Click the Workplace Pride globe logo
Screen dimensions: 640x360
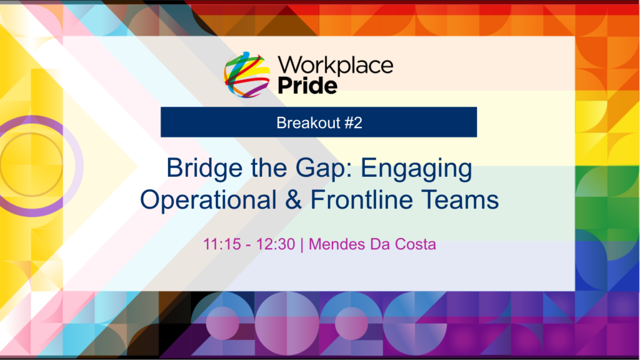point(247,75)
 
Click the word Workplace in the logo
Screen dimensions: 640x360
point(336,65)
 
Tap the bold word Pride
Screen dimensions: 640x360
point(307,85)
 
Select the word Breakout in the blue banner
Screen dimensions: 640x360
point(308,122)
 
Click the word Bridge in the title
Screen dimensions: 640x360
point(204,168)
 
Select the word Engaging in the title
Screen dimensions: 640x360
point(416,169)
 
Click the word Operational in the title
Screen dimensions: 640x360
point(208,199)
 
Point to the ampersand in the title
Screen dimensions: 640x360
point(294,199)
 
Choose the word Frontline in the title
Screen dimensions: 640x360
point(362,199)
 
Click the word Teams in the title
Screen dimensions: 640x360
point(460,199)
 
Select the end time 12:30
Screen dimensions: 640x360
point(276,244)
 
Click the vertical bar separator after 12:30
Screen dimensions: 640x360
point(302,244)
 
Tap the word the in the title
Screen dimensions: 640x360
point(269,168)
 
